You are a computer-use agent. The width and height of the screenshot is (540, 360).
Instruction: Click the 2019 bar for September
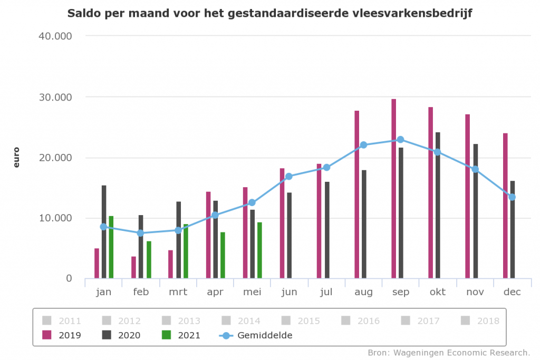click(393, 189)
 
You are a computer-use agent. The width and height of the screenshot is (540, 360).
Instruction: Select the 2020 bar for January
click(104, 232)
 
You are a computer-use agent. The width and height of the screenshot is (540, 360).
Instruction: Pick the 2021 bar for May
click(259, 250)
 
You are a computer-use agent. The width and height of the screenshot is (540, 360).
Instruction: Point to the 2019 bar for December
click(505, 206)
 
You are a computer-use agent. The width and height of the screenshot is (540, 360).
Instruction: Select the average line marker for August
click(363, 145)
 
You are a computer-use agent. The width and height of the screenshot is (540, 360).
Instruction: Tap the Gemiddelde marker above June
click(289, 177)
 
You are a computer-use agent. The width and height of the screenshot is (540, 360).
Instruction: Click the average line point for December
click(512, 197)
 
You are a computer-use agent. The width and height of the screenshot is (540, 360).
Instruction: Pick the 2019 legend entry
click(62, 335)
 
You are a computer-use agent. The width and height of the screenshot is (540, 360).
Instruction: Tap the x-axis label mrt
click(178, 292)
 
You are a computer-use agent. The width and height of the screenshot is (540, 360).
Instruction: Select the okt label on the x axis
click(438, 292)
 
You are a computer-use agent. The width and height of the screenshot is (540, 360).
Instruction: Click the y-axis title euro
click(16, 157)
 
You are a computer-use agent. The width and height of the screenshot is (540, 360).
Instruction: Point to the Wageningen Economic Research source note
click(448, 352)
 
